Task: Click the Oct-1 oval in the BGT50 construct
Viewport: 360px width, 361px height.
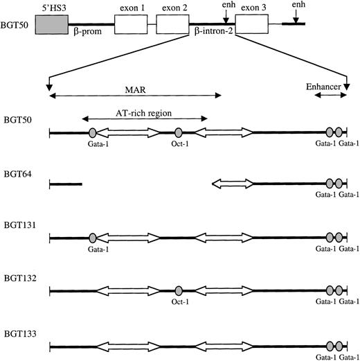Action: [179, 132]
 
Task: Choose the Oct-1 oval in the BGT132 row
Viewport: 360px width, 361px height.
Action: [179, 290]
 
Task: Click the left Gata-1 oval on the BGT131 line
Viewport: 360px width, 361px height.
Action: [92, 238]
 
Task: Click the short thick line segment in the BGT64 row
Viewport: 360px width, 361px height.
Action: [65, 184]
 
